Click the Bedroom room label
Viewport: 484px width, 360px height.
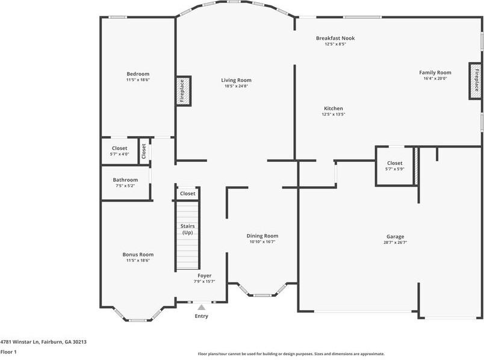137,73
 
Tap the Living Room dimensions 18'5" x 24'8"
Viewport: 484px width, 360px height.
236,86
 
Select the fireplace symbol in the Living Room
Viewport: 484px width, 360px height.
183,90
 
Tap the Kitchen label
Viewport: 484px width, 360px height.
333,108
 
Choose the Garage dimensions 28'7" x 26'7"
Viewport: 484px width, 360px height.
395,243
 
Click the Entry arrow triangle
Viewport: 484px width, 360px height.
201,307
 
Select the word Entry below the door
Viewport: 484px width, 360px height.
201,316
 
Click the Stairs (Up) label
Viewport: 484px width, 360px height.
187,229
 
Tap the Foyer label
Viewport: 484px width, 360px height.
205,275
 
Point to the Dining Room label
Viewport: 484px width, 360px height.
262,235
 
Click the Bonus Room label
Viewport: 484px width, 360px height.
138,254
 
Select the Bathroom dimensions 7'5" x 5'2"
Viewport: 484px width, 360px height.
125,185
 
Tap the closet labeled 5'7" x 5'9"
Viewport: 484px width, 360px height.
394,166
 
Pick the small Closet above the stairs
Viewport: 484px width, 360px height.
188,194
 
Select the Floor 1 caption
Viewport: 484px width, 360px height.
8,352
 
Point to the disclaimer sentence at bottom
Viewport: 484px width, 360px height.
291,354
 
